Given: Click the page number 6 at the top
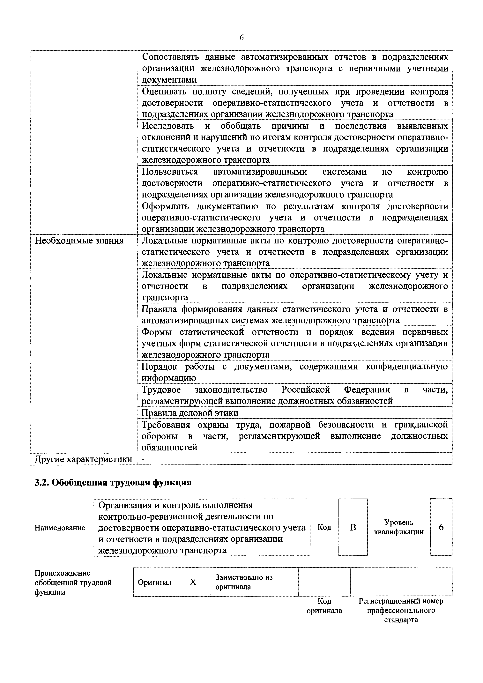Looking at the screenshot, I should [241, 38].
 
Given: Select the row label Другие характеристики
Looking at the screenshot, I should [83, 459].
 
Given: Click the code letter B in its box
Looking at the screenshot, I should [353, 527].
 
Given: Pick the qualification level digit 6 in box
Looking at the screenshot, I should [441, 527].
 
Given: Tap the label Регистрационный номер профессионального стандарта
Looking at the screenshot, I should [401, 610].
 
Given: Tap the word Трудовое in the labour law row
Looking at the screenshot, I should [161, 390].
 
